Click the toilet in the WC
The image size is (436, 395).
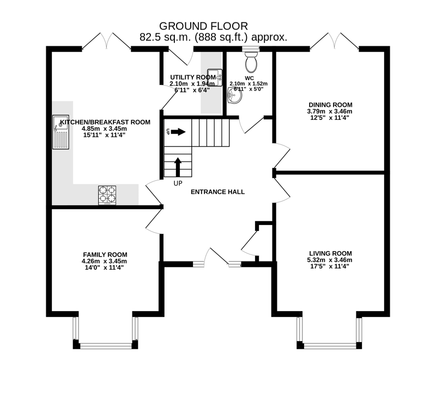tap(251, 60)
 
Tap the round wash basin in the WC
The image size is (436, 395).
tap(234, 96)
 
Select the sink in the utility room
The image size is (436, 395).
tap(215, 78)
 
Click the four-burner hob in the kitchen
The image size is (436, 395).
tap(107, 195)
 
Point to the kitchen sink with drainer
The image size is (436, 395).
tap(59, 132)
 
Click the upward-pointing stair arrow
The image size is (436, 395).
tap(178, 166)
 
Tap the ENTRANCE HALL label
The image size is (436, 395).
tap(217, 192)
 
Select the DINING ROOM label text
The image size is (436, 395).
tap(330, 105)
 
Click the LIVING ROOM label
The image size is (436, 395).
tap(330, 253)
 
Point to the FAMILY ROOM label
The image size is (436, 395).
tap(105, 254)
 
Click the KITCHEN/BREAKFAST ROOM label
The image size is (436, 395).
tap(105, 122)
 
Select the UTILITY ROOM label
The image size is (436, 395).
tap(192, 77)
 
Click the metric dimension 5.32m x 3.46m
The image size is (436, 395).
tap(330, 260)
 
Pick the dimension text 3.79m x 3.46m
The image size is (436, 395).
tap(330, 111)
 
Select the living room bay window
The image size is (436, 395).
tap(329, 332)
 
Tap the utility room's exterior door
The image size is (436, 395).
tap(181, 54)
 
